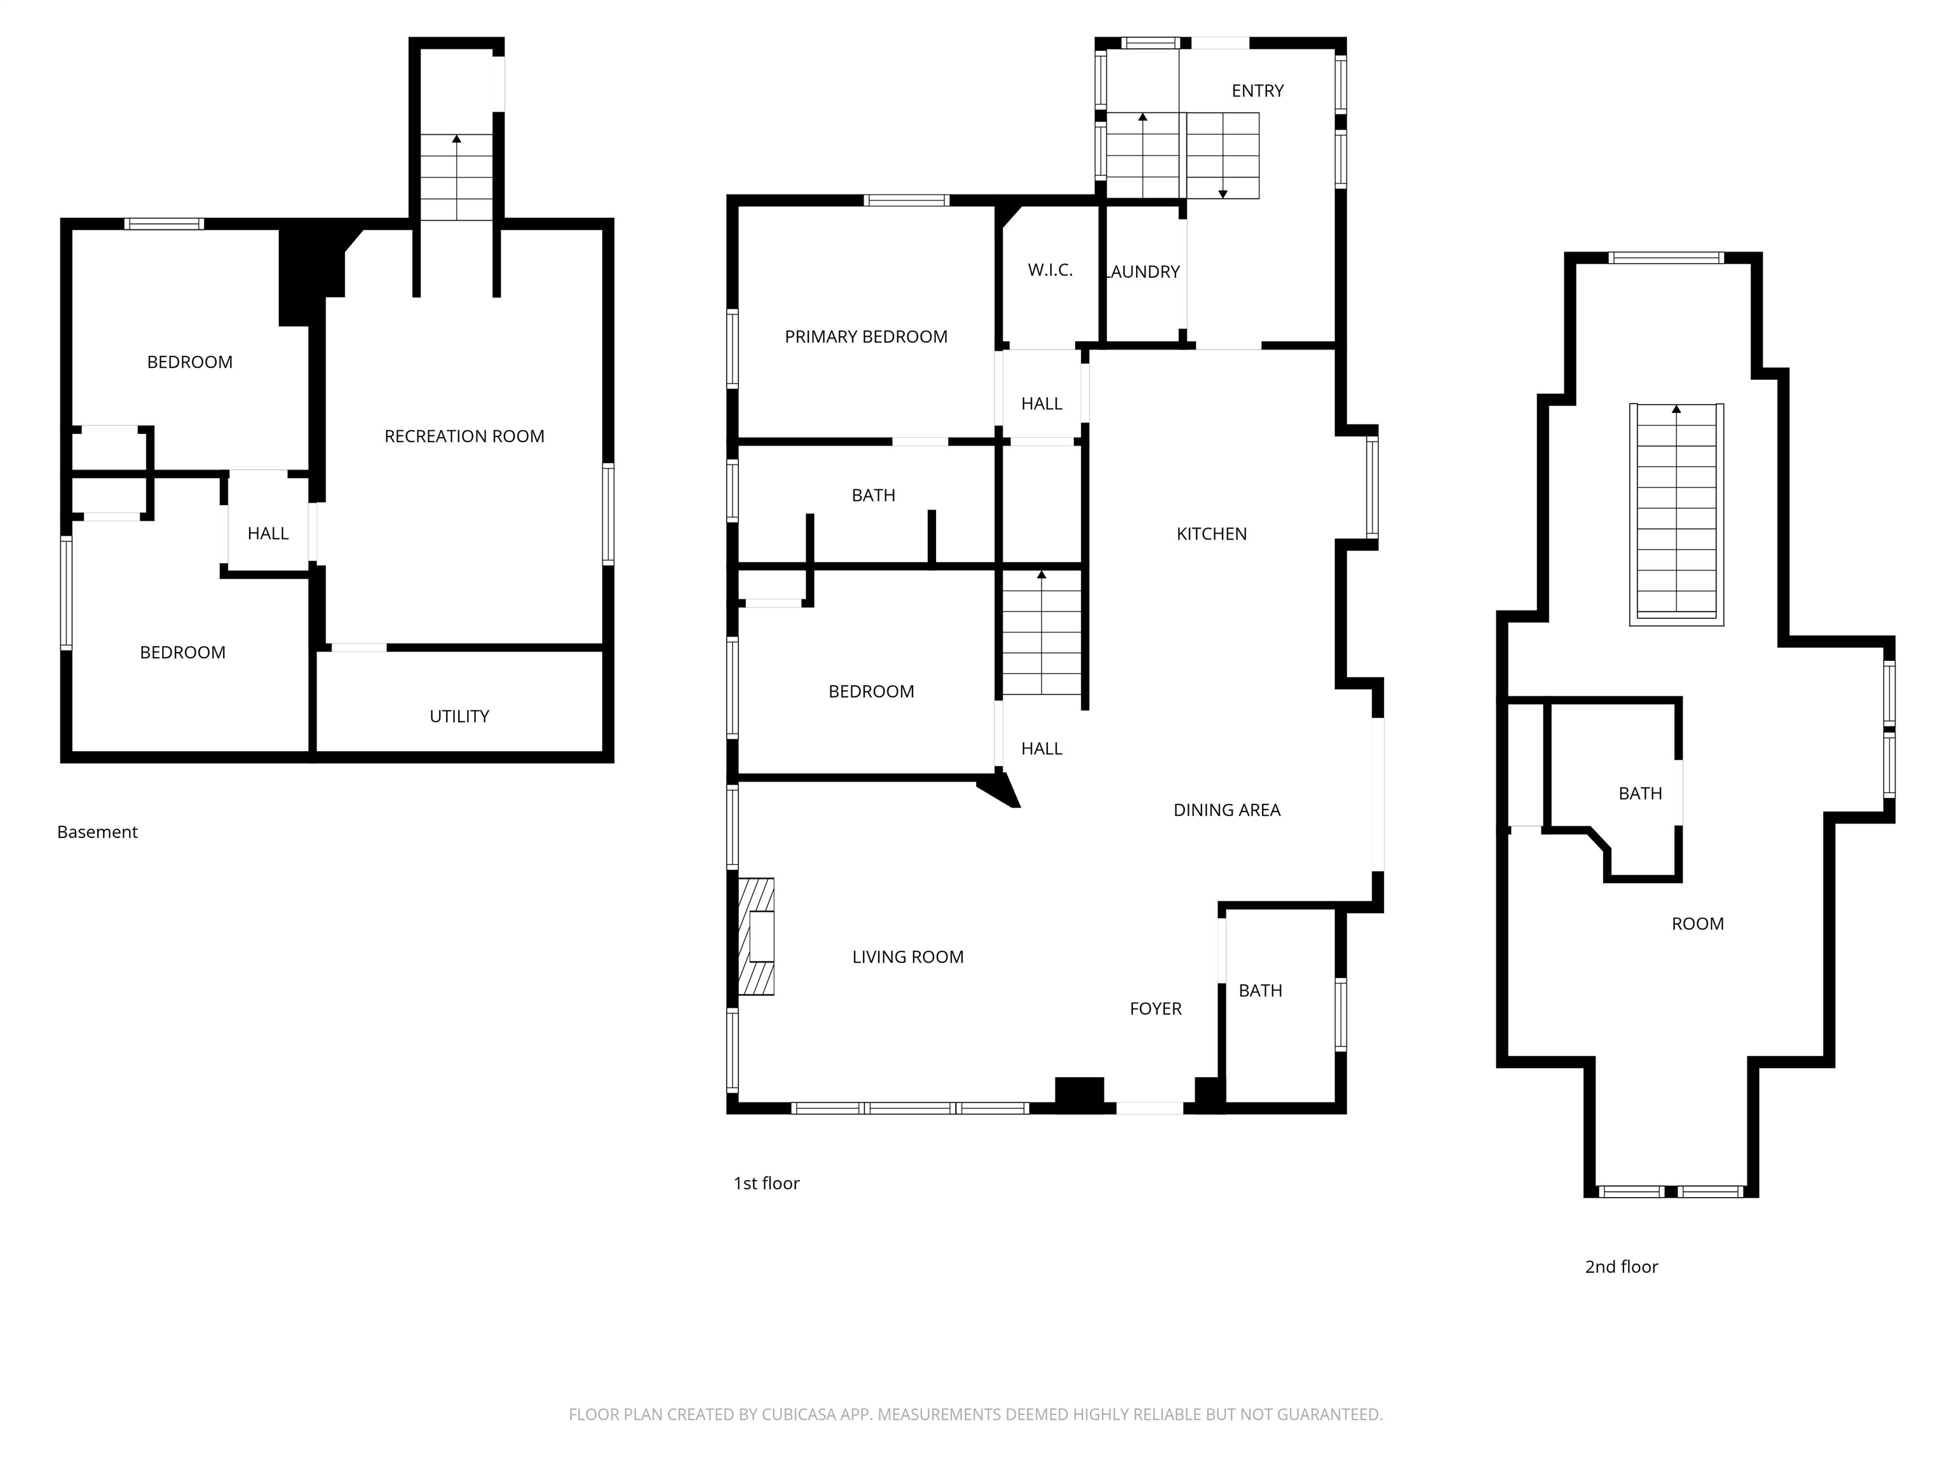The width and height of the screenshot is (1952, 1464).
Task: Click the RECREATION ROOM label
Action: (464, 436)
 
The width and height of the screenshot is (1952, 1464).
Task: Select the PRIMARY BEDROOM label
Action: (865, 336)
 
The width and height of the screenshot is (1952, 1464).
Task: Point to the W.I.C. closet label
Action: (1050, 270)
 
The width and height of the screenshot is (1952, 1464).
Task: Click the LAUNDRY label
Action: (1142, 272)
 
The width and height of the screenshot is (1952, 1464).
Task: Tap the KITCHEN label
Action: (1212, 534)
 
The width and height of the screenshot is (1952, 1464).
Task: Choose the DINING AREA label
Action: (1226, 810)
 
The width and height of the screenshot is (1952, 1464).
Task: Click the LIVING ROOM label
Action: (908, 956)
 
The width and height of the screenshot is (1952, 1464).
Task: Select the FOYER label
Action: (1155, 1008)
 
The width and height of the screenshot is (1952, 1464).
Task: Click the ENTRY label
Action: (1257, 91)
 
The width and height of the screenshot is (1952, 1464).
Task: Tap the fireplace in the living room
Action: (756, 937)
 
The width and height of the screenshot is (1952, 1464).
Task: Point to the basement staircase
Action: (456, 177)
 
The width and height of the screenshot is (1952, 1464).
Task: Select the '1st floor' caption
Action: (766, 1183)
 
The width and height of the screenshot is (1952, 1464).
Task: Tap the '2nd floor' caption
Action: (1621, 1267)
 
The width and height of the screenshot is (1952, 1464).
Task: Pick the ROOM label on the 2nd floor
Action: (1698, 924)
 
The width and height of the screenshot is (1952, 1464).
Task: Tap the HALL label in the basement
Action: (268, 533)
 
